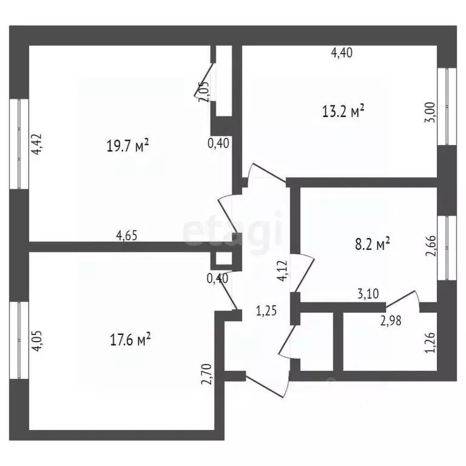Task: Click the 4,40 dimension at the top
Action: point(342,53)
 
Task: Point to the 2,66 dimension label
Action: point(430,246)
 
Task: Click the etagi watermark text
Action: point(234,229)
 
